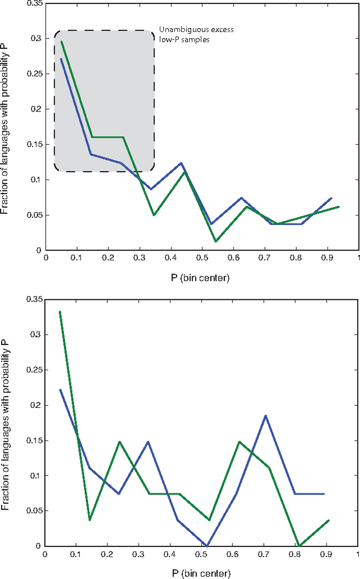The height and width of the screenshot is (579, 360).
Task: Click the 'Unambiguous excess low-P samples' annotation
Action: coord(196,34)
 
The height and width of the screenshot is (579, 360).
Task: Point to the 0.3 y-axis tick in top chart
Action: coord(35,38)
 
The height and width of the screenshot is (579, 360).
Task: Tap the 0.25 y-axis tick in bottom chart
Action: coord(33,370)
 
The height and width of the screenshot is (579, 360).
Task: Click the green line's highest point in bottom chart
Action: coord(60,311)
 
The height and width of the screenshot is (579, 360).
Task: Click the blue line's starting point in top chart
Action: coord(61,59)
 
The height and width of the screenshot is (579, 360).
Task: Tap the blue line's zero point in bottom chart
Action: coord(206,545)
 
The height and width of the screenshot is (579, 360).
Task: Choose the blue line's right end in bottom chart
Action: coord(325,493)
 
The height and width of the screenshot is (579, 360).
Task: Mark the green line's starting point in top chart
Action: coord(61,42)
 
